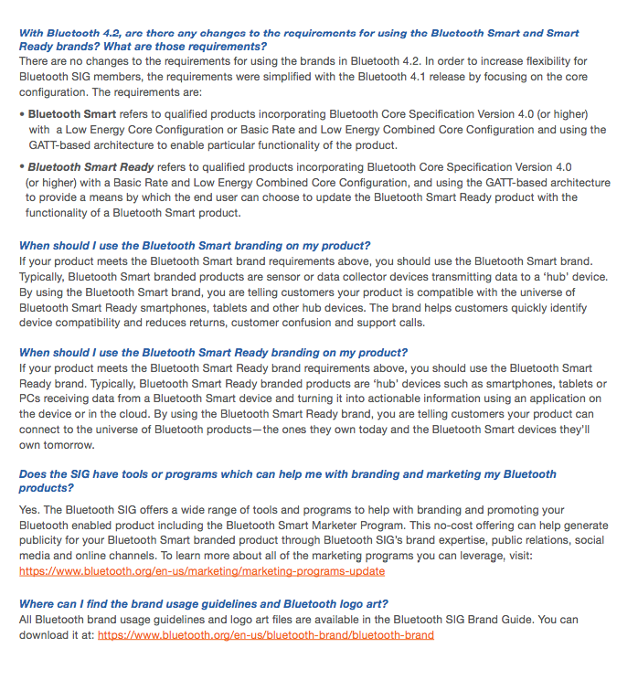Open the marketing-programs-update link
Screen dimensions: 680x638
click(202, 571)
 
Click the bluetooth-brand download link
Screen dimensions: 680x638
click(266, 634)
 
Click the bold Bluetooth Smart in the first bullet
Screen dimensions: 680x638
click(72, 114)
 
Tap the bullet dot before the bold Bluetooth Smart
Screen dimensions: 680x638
click(22, 114)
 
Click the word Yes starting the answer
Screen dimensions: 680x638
click(29, 509)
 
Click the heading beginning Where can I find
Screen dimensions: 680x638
click(203, 604)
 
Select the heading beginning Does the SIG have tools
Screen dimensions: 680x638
click(287, 475)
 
